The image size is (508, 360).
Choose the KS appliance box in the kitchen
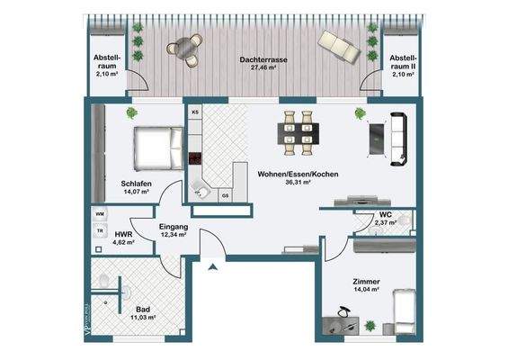tap(194, 113)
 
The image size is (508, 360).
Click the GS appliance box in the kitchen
tap(225, 195)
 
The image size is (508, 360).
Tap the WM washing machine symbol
tap(100, 214)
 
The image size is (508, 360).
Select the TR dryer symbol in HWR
tap(100, 230)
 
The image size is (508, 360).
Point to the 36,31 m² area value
tap(297, 182)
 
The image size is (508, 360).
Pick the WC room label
tap(385, 214)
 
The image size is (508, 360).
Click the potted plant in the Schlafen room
tap(131, 112)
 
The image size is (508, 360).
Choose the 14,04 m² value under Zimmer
tap(366, 290)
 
